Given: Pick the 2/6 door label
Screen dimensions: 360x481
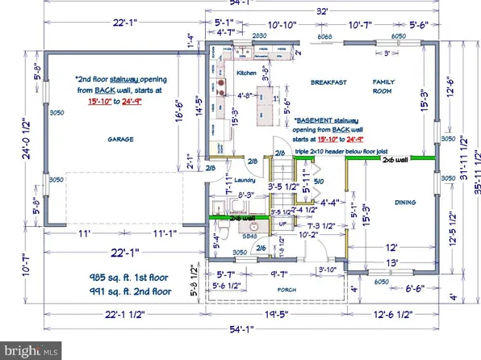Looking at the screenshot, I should pos(260,248).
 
